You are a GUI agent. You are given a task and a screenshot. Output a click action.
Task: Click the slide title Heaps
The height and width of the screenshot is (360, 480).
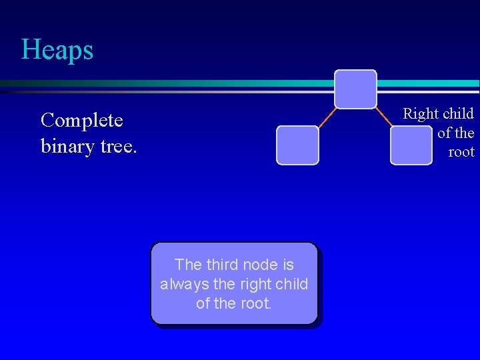pyautogui.click(x=57, y=50)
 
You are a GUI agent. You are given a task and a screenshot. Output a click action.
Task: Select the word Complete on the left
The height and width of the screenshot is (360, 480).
pyautogui.click(x=82, y=121)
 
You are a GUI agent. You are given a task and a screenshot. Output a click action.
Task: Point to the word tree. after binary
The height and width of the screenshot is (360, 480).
pyautogui.click(x=118, y=145)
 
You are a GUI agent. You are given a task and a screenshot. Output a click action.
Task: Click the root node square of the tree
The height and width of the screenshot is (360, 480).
pyautogui.click(x=355, y=89)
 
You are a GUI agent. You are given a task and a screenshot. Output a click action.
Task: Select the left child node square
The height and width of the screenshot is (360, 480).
pyautogui.click(x=298, y=145)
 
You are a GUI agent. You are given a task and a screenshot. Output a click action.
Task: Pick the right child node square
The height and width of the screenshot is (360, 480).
pyautogui.click(x=411, y=145)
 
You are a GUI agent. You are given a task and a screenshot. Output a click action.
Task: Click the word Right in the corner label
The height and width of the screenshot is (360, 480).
pyautogui.click(x=421, y=114)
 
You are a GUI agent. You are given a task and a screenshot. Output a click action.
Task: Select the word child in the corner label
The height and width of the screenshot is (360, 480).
pyautogui.click(x=458, y=114)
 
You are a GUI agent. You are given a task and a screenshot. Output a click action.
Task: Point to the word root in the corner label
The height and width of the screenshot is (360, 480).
pyautogui.click(x=461, y=152)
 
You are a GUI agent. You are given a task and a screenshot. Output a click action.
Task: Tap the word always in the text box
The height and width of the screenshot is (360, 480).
pyautogui.click(x=184, y=284)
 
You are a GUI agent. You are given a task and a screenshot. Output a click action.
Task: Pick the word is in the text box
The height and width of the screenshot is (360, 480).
pyautogui.click(x=287, y=265)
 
